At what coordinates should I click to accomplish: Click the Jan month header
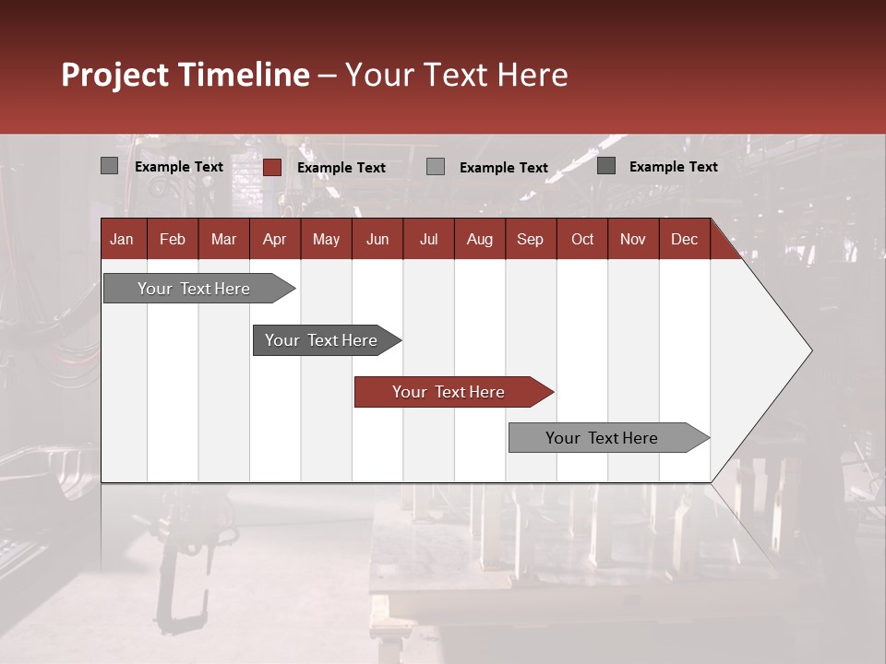(122, 239)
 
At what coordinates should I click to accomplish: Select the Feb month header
(173, 239)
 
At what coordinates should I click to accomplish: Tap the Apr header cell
(274, 239)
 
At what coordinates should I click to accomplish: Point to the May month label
(326, 239)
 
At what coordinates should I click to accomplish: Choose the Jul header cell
(428, 239)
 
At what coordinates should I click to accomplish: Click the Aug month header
(479, 239)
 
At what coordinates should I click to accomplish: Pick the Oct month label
(582, 239)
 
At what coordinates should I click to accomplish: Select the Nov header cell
(633, 239)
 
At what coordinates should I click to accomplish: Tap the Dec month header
(684, 239)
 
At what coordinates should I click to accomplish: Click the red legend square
(272, 167)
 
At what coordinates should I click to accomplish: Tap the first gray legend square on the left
(109, 166)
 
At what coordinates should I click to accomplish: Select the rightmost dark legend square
(606, 166)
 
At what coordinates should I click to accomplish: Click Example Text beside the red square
(341, 168)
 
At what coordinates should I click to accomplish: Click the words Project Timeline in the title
(186, 75)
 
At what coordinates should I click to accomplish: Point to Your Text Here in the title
(456, 75)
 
